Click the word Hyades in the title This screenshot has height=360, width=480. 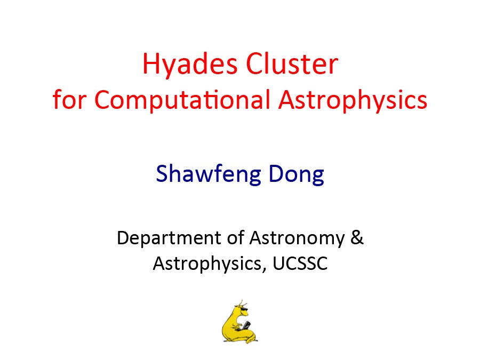coord(190,65)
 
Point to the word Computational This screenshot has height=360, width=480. coord(182,100)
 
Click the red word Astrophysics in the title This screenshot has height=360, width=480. coord(353,100)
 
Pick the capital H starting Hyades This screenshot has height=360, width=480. coord(151,63)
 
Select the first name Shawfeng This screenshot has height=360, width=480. coord(208,174)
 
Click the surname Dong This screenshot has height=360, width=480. coord(296,174)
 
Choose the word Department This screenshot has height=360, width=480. coord(169,238)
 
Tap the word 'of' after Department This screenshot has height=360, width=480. coord(236,237)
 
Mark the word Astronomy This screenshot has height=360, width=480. coord(297,238)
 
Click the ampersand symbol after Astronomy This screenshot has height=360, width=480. coord(357,237)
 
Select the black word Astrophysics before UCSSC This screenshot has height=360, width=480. coord(207,264)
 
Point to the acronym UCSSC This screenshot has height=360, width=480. coord(300,263)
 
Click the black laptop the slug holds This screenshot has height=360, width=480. coord(246,325)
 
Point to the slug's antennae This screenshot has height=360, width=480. coord(242,303)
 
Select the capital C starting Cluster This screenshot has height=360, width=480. coord(257,63)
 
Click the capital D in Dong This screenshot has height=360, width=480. coord(277,173)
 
